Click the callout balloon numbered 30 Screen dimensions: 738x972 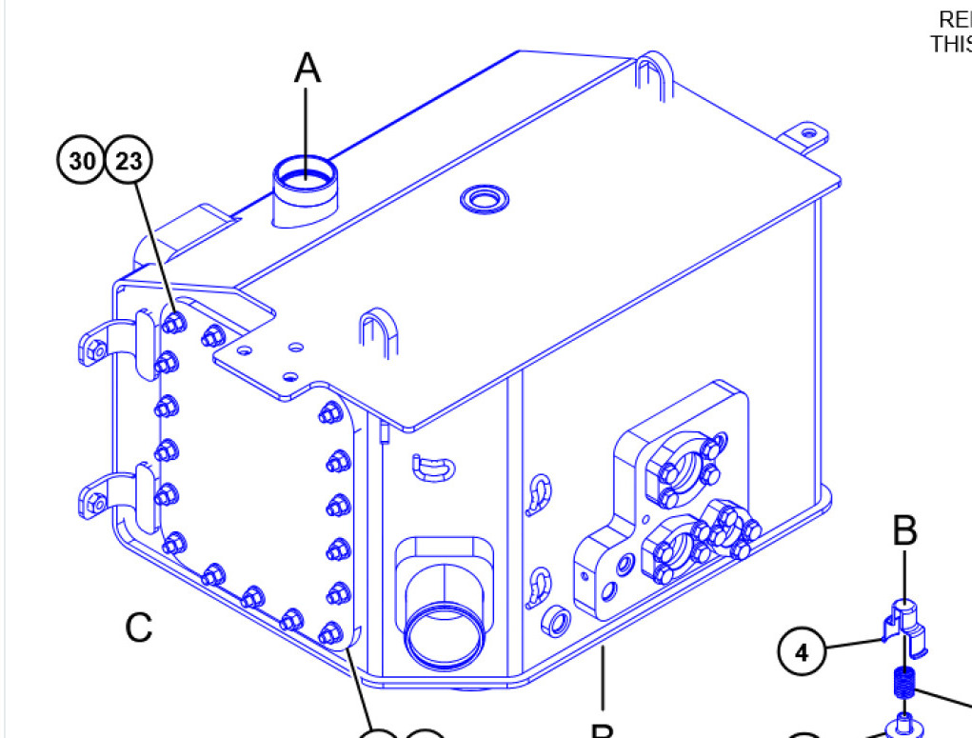pyautogui.click(x=83, y=161)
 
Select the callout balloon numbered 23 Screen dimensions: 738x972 pyautogui.click(x=129, y=161)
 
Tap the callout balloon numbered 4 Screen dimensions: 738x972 pyautogui.click(x=802, y=652)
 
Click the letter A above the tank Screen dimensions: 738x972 pyautogui.click(x=307, y=68)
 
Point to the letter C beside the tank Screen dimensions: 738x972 pyautogui.click(x=139, y=627)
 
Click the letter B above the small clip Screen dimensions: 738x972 pyautogui.click(x=904, y=531)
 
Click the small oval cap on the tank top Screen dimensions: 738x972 pyautogui.click(x=484, y=198)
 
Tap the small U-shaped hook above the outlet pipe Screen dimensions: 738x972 pyautogui.click(x=432, y=467)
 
